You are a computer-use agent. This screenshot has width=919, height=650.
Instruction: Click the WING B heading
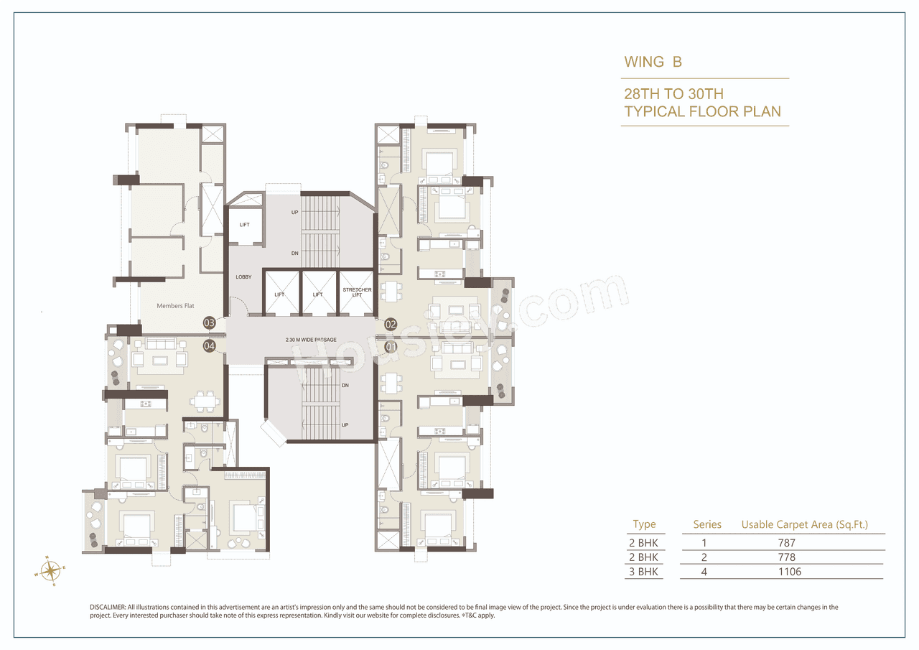click(653, 62)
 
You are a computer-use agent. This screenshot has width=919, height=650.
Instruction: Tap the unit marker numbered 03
click(210, 323)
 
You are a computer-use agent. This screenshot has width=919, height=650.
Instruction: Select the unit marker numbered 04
click(210, 346)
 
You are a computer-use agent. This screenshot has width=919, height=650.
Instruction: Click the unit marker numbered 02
click(391, 324)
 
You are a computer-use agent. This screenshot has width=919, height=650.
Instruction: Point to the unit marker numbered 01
click(391, 346)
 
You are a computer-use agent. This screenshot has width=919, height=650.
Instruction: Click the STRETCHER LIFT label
click(357, 292)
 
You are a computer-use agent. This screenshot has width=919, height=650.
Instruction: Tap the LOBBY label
click(243, 277)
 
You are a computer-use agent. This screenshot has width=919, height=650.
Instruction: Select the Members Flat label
click(175, 306)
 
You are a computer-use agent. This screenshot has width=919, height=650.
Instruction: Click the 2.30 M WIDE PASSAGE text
click(311, 340)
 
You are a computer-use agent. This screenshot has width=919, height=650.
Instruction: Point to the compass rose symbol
click(50, 571)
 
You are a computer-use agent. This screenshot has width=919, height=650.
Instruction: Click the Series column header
click(707, 525)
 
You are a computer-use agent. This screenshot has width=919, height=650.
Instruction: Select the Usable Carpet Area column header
click(804, 525)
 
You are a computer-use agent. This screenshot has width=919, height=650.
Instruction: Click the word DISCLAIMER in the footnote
click(108, 608)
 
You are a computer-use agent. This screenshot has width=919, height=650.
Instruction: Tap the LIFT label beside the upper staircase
click(245, 225)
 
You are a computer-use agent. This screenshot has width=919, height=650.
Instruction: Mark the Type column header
click(644, 525)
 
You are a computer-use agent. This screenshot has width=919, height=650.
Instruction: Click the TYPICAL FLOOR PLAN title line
click(702, 111)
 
